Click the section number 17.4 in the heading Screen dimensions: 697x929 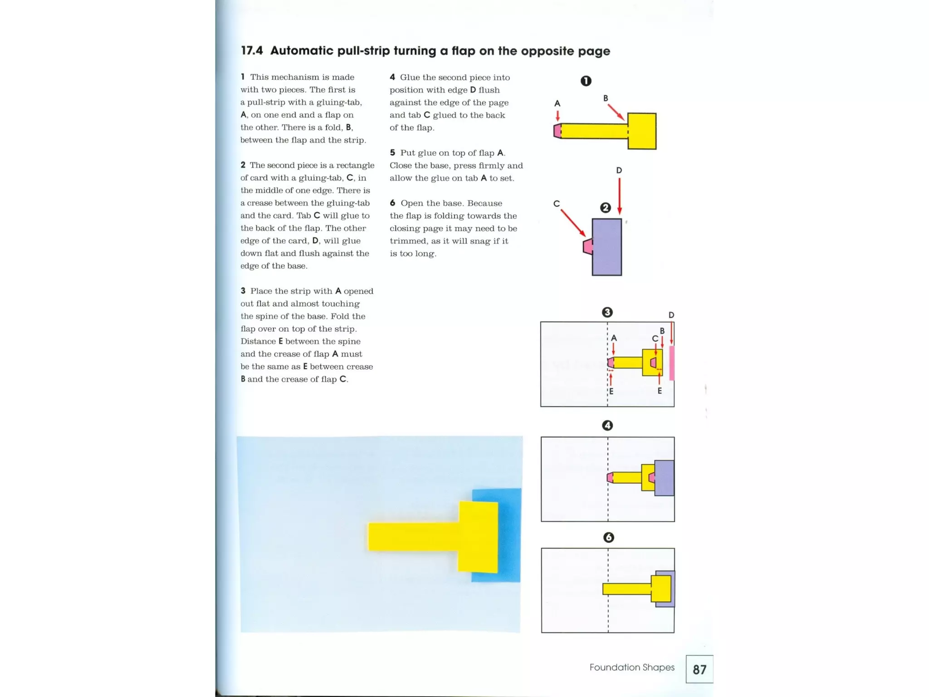click(x=252, y=51)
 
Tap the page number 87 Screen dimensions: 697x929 click(x=699, y=669)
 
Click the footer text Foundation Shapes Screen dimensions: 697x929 click(x=631, y=667)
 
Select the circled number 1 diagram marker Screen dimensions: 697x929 click(x=586, y=81)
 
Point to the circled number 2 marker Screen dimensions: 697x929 click(x=605, y=208)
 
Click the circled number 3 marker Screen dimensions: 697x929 click(x=607, y=312)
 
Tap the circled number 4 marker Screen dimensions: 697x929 click(x=607, y=425)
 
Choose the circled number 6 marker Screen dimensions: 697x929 click(x=608, y=537)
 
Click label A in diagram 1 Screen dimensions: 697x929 click(x=557, y=103)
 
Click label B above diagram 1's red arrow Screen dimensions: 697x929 click(x=606, y=98)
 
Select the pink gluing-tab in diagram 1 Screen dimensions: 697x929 click(x=557, y=131)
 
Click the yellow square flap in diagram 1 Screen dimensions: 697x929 click(x=642, y=131)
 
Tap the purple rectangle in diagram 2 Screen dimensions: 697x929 click(x=607, y=247)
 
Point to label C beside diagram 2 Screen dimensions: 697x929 click(x=557, y=204)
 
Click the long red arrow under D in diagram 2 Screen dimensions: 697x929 click(x=619, y=195)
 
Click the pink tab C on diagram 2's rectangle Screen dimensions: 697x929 click(x=587, y=246)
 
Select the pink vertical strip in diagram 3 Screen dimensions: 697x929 click(x=672, y=363)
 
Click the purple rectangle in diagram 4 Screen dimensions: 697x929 click(x=665, y=478)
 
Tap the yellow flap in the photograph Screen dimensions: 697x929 click(x=478, y=537)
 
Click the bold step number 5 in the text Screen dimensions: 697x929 click(x=392, y=153)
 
